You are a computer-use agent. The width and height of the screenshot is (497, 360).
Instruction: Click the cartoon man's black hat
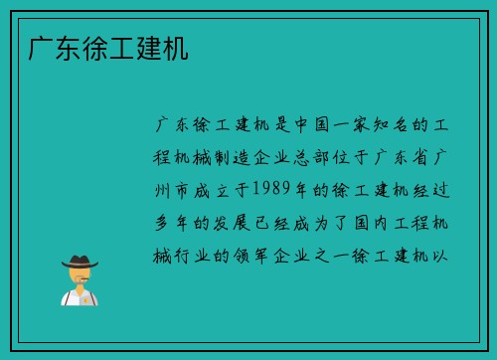point(80,261)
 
